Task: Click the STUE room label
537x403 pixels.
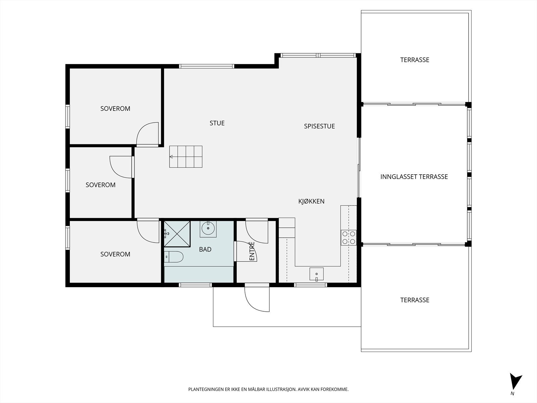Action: coord(217,123)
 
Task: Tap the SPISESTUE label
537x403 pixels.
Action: coord(319,126)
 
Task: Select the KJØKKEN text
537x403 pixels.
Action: coord(311,201)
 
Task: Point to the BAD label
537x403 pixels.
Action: coord(205,249)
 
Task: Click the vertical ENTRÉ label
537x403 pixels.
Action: coord(252,251)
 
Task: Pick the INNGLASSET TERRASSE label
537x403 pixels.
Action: coord(414,177)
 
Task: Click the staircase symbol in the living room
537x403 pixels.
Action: coord(186,156)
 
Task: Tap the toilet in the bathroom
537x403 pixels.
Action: coord(174,257)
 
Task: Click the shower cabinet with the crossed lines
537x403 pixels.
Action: coord(177,234)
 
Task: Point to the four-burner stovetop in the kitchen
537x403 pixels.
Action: coord(349,237)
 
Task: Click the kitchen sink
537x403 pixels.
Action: coord(316,274)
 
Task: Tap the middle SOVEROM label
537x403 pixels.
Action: coord(100,185)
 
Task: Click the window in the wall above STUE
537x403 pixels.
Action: coord(206,66)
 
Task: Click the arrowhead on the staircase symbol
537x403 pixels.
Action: coord(171,156)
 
